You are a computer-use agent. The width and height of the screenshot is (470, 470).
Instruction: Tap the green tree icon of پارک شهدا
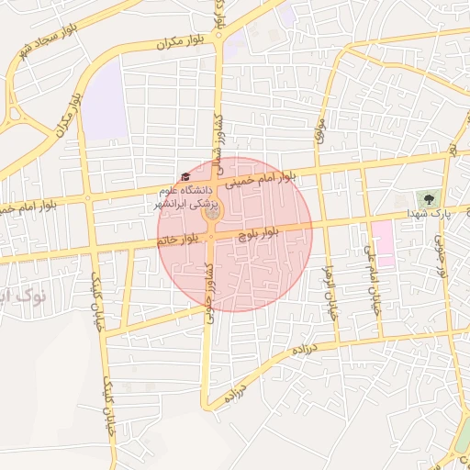coord(427,198)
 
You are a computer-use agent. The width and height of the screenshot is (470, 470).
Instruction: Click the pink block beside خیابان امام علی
coord(382,242)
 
